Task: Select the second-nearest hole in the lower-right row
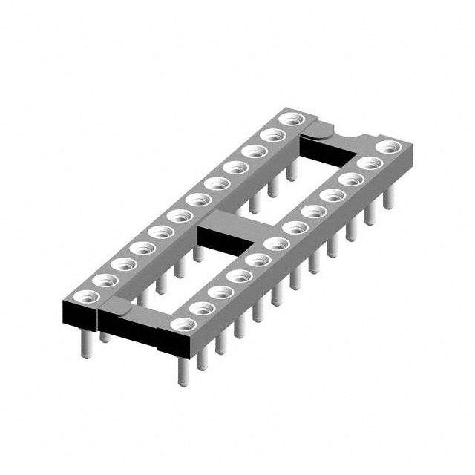pos(200,307)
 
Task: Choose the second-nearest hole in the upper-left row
pos(105,280)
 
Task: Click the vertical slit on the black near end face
pos(99,318)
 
